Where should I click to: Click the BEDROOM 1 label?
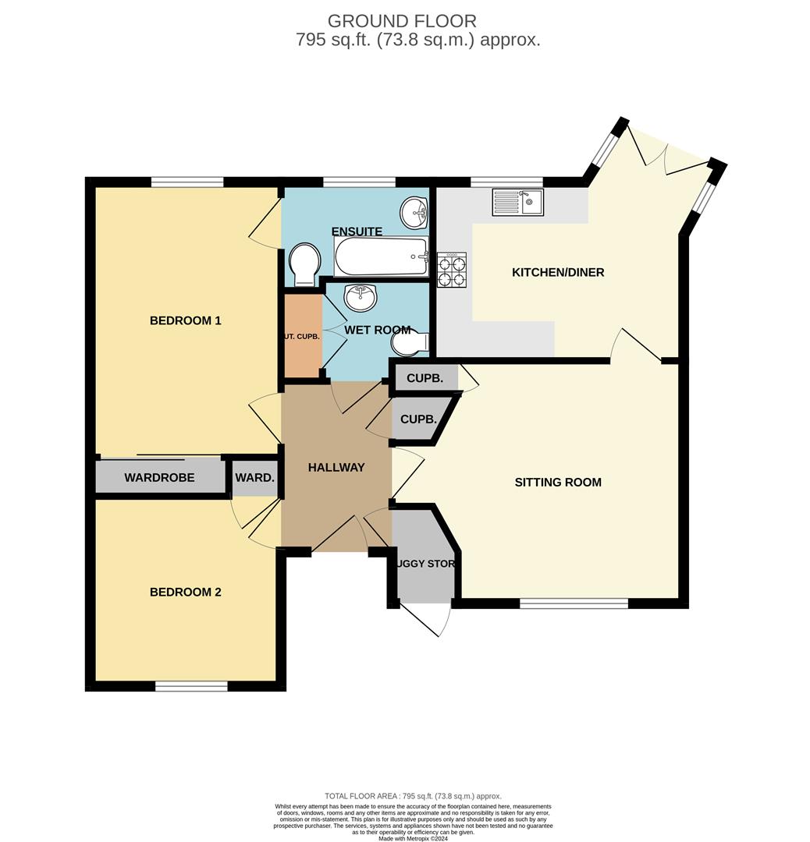coord(186,320)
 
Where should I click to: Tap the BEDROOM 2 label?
coord(186,593)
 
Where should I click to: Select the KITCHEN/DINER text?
coord(558,273)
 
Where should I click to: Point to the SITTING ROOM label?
coord(558,483)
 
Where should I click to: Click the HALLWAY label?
coord(336,468)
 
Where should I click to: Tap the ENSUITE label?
coord(357,232)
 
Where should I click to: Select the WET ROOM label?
coord(378,331)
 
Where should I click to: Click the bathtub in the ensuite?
coord(382,256)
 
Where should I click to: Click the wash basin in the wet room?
coord(360,297)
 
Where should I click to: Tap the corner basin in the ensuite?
coord(414,212)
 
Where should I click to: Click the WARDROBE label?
coord(159,478)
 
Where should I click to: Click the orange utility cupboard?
coord(303,336)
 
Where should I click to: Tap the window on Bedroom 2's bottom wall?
coord(191,686)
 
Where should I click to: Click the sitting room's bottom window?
coord(574,603)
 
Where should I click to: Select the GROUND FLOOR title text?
coord(402,21)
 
